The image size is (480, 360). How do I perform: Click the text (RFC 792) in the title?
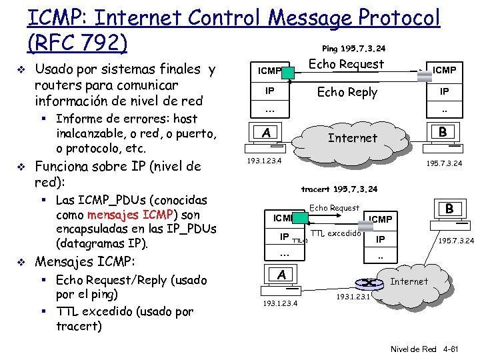[77, 43]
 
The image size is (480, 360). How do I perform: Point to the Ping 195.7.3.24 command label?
[353, 49]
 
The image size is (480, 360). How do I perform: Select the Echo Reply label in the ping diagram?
[347, 92]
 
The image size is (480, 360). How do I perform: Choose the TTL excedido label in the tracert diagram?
[336, 233]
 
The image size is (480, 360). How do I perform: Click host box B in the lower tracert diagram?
[450, 209]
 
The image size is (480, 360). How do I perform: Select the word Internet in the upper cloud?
[353, 138]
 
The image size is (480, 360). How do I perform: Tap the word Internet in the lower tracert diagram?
[409, 281]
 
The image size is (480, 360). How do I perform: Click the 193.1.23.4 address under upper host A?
[264, 161]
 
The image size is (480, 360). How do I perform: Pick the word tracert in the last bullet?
[79, 326]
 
